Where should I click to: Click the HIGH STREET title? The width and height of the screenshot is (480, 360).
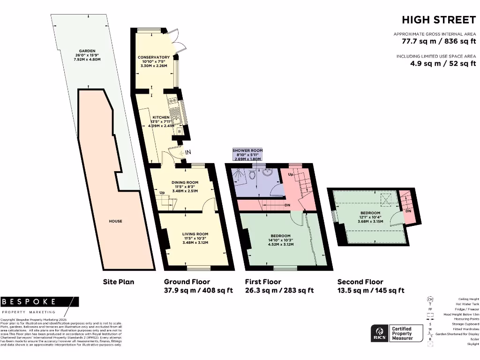point(439,20)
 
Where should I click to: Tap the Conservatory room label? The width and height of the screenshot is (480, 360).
point(154,57)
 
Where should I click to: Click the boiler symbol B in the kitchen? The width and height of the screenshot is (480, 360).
point(180,132)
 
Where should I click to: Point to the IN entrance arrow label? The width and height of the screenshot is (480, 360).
point(188,152)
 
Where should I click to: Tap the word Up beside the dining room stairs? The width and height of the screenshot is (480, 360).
point(162,193)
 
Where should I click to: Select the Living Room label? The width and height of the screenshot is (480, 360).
point(195,234)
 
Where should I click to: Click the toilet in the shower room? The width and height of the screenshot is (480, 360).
point(252,175)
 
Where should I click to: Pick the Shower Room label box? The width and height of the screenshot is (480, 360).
point(247,155)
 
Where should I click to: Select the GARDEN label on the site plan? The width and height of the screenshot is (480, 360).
point(87,51)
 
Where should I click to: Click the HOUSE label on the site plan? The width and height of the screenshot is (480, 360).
point(115,221)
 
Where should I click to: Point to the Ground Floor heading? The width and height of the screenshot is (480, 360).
point(184,282)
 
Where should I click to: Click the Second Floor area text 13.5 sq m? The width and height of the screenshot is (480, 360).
point(370,291)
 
